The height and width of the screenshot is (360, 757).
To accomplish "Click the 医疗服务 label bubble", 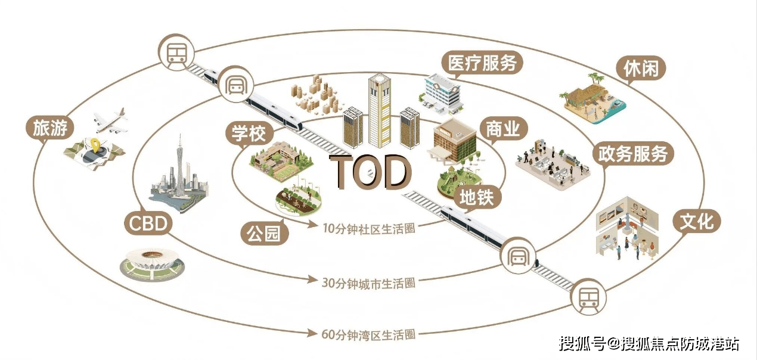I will (482, 63).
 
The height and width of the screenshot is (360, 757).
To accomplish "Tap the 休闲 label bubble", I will (641, 69).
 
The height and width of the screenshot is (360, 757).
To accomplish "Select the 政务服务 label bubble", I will (632, 154).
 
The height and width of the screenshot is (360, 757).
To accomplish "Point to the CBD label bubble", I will (148, 225).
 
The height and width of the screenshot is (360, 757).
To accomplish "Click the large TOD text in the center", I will (371, 172).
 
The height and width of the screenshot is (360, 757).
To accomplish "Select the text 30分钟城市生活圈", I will (368, 283).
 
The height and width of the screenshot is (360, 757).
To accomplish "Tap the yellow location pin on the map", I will (95, 145).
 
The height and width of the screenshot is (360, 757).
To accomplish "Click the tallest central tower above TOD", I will (379, 110).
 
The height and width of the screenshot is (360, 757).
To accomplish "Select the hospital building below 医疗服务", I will (442, 92).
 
